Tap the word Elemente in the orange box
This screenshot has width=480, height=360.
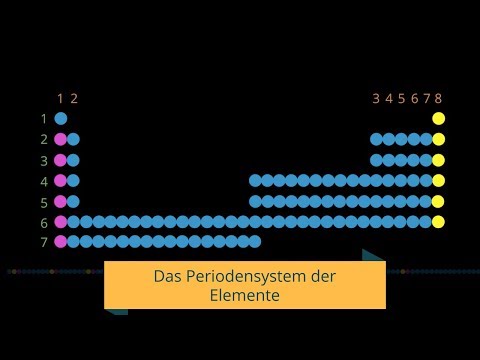245,296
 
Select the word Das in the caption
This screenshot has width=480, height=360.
168,276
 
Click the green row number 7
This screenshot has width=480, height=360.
44,242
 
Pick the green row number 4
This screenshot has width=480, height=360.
44,181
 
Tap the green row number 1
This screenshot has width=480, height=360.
44,119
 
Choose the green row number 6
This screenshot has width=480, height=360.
44,222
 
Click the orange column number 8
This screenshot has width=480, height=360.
438,99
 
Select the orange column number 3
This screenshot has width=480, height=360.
376,99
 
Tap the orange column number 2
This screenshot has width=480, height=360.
73,99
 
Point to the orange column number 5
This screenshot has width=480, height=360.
401,99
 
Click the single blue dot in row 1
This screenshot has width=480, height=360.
61,119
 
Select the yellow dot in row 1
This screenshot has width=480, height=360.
438,119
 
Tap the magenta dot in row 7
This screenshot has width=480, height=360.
61,241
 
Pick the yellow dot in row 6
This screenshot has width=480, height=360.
438,221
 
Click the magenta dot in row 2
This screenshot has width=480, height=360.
61,139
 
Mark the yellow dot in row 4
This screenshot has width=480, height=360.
438,180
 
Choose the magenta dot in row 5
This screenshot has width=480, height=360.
61,201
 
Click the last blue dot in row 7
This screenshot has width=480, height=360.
255,241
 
